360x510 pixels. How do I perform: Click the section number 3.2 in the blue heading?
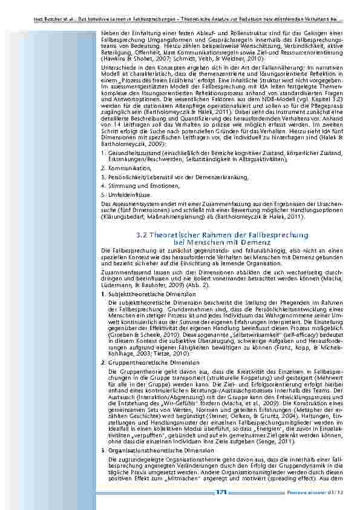tap(142, 234)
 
